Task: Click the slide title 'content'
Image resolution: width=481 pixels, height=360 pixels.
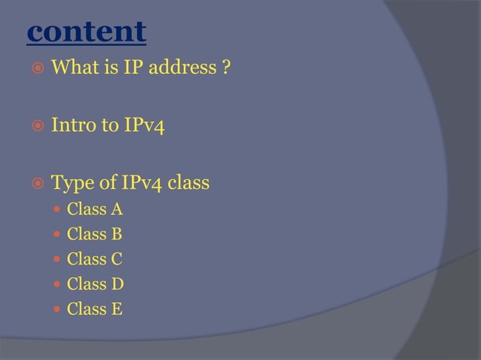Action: (x=85, y=32)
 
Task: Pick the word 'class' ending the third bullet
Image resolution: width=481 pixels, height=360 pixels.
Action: (x=188, y=182)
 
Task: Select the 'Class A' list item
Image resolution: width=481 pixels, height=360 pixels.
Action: (x=94, y=209)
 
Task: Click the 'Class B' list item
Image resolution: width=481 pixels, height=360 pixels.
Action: (x=94, y=234)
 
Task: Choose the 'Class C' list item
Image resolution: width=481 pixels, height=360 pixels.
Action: (x=94, y=259)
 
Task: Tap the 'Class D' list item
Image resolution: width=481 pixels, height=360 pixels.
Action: (x=95, y=284)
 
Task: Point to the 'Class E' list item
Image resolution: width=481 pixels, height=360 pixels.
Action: (x=94, y=309)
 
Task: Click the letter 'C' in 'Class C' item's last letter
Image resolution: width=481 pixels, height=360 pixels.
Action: (x=117, y=259)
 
